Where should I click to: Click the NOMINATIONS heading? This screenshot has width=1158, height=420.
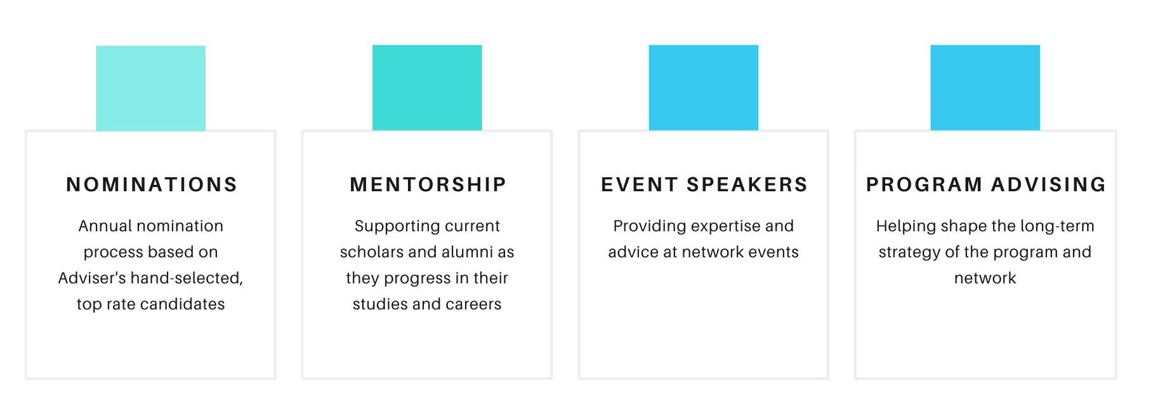click(x=152, y=184)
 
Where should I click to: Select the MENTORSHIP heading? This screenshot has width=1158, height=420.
click(x=428, y=184)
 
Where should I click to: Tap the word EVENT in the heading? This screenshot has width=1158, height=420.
click(x=640, y=184)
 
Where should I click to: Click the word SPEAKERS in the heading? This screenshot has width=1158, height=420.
click(x=747, y=184)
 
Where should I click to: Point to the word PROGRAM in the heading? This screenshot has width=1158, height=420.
click(x=924, y=184)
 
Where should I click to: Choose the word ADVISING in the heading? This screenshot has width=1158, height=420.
click(x=1048, y=184)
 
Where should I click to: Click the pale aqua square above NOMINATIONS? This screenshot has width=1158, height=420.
click(x=151, y=88)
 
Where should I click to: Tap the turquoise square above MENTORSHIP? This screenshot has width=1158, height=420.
click(x=427, y=88)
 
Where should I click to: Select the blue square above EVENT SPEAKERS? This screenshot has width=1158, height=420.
click(x=704, y=88)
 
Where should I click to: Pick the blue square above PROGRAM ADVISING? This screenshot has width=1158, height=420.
click(x=985, y=88)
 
